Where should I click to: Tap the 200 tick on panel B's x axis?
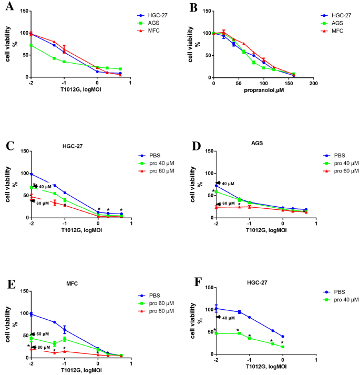(x=313, y=83)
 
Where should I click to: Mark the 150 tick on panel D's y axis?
(x=206, y=151)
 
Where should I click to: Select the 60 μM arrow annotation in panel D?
(x=227, y=204)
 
